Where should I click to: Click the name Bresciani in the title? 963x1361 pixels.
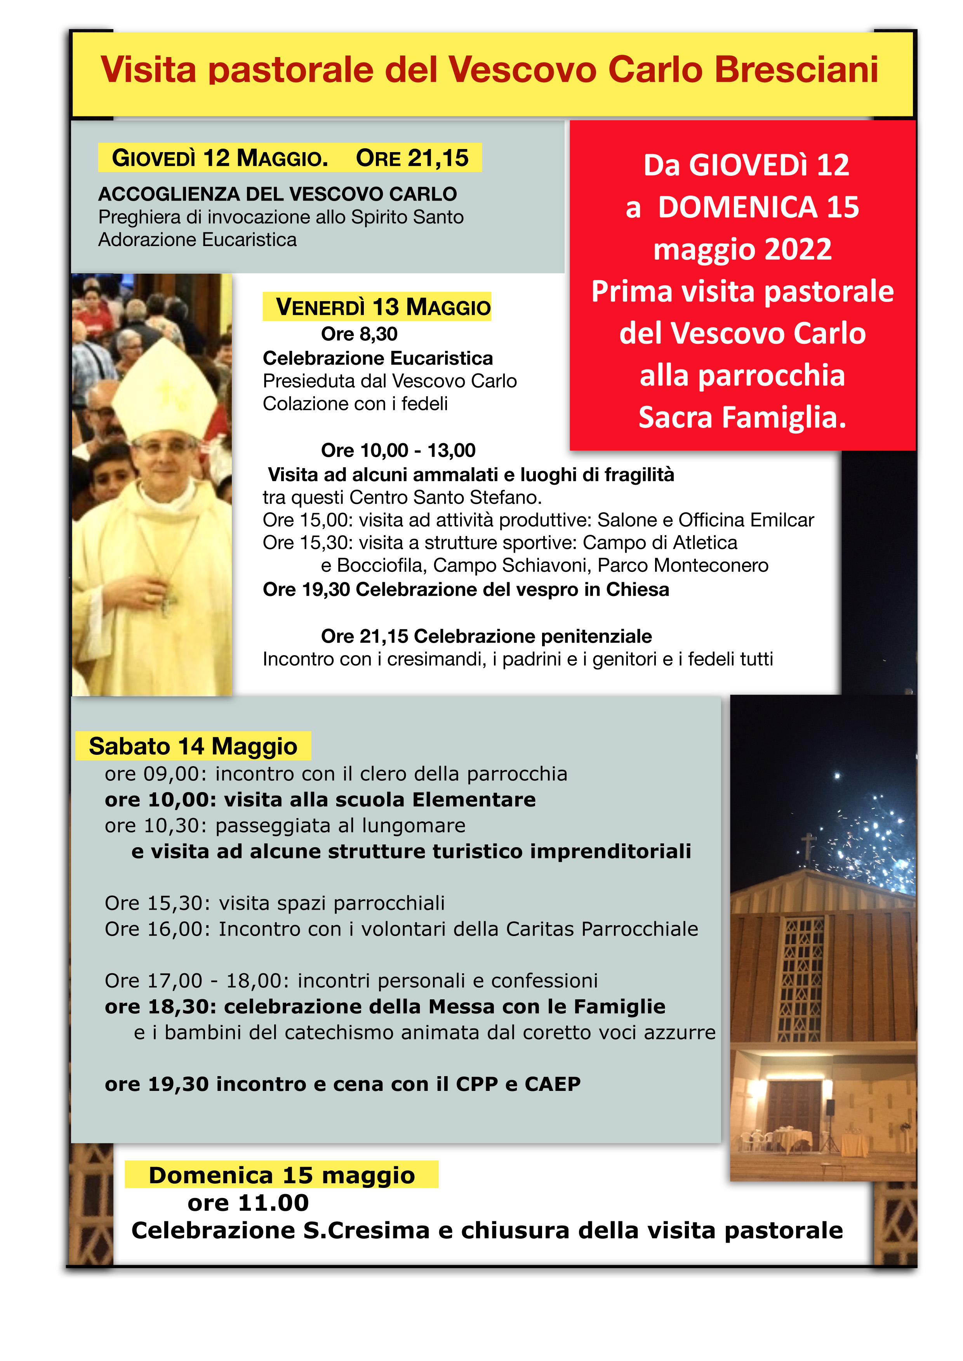796,70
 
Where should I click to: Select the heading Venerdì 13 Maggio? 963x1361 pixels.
377,307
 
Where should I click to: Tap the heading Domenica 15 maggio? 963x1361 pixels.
282,1175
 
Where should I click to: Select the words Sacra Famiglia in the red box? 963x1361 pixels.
742,417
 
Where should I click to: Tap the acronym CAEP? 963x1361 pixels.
553,1084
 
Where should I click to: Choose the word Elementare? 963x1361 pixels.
475,800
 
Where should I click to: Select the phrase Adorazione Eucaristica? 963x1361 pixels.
198,240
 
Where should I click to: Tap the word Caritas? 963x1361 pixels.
540,929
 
